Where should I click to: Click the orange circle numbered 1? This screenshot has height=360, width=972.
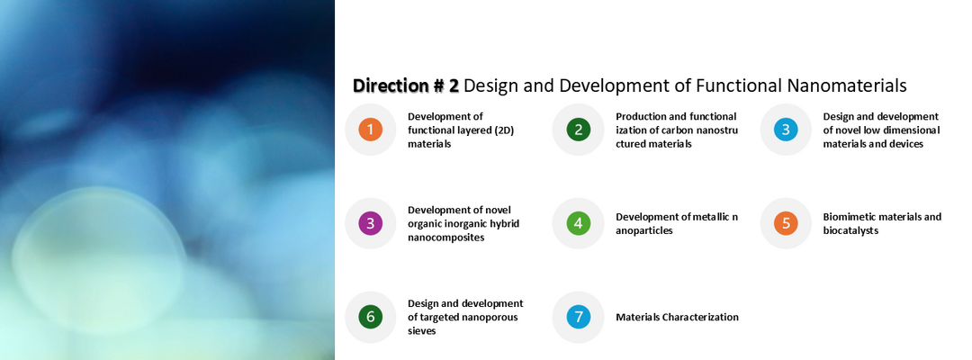coord(370,130)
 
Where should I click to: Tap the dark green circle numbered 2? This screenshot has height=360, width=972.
coord(579,130)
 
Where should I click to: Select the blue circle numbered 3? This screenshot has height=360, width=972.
coord(786,130)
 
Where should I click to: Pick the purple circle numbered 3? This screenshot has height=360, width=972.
coord(370,223)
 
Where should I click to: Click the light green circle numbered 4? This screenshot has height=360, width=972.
coord(579,223)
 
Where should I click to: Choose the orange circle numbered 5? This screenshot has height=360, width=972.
coord(786,223)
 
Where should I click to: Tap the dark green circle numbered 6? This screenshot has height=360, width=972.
coord(370,317)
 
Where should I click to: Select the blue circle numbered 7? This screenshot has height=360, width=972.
coord(579,317)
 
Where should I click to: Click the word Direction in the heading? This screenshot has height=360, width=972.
coord(390,85)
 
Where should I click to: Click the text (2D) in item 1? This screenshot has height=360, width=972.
coord(505,130)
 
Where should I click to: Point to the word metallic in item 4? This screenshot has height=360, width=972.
coord(704,217)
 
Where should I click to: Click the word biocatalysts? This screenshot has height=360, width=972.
coord(850,230)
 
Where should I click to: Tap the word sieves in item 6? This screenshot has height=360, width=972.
coord(421,331)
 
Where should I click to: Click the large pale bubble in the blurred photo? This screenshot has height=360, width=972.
coord(99,260)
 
